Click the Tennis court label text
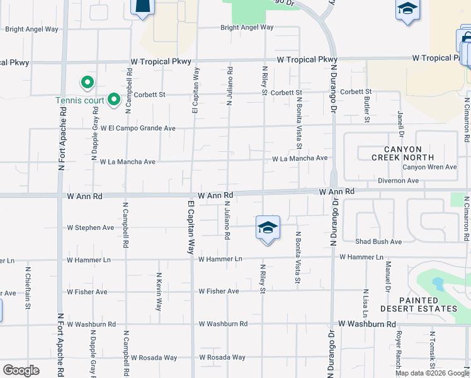tap(79, 100)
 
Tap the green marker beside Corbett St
tap(113, 99)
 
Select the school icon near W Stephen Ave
tap(268, 227)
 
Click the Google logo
tap(21, 370)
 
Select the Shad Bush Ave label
tap(378, 242)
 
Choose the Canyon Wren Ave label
tap(429, 167)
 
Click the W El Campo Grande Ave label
tap(137, 128)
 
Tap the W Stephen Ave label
tap(91, 227)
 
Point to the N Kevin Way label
tap(159, 291)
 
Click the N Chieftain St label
tap(28, 288)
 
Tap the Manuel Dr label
tap(389, 272)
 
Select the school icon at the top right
tap(407, 9)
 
